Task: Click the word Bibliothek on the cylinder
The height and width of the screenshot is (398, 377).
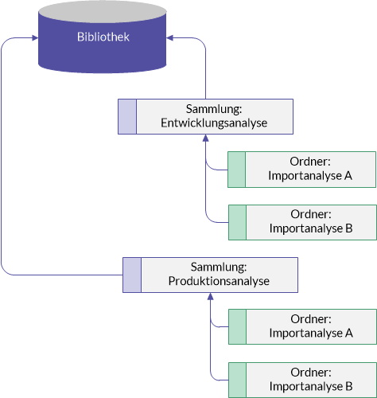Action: click(103, 37)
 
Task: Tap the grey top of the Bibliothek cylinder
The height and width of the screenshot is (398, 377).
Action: click(103, 12)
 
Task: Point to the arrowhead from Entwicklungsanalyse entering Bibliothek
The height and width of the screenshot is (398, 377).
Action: click(169, 38)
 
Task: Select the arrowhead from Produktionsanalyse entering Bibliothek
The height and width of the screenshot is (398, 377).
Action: click(35, 38)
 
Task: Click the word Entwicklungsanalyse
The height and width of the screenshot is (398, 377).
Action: click(214, 123)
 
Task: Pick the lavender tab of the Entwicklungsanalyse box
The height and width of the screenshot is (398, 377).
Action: click(127, 116)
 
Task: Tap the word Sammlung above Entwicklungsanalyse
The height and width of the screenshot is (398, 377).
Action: click(214, 109)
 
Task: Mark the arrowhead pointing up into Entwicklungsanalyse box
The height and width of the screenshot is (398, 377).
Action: click(206, 138)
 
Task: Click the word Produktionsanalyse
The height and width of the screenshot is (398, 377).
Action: click(219, 281)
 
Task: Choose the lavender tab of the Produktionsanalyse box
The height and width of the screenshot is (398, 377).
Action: click(132, 275)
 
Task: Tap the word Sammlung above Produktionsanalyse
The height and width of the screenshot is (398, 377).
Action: click(219, 267)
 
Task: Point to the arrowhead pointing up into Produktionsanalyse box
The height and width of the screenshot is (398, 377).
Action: click(211, 296)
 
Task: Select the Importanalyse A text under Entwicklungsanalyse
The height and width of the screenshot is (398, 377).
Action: click(310, 176)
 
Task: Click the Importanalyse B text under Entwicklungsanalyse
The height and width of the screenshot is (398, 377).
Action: click(311, 228)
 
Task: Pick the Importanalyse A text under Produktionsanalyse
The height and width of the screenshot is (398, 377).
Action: click(311, 333)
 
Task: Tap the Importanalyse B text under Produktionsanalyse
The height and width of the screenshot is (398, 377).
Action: click(311, 386)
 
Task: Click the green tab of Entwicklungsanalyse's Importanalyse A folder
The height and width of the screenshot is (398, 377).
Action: click(237, 170)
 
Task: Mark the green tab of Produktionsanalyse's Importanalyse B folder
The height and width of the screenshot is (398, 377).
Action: click(238, 380)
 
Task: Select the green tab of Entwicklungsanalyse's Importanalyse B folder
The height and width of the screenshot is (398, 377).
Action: click(238, 222)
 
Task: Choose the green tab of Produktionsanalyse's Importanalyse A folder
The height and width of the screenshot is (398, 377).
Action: click(238, 326)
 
